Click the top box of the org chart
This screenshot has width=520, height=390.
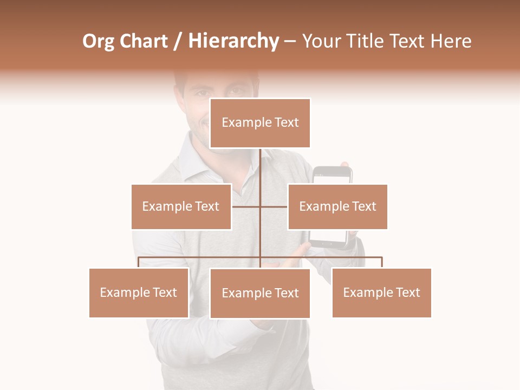tap(260, 123)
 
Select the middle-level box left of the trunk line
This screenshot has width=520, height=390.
tap(181, 206)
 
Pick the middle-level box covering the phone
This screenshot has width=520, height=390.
tap(337, 206)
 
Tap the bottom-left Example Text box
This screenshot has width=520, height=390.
tap(139, 292)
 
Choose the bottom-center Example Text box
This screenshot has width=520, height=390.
tap(260, 293)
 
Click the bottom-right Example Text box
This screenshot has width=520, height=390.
tap(381, 292)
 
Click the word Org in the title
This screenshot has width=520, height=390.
tap(98, 41)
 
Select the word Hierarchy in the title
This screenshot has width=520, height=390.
tap(233, 41)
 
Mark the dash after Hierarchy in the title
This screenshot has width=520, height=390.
tap(290, 41)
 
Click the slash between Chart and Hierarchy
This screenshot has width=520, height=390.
tap(178, 42)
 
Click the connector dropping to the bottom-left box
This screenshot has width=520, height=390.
tap(139, 262)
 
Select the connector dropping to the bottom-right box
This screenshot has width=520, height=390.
tap(382, 262)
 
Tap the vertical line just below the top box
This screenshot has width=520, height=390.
tap(261, 162)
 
